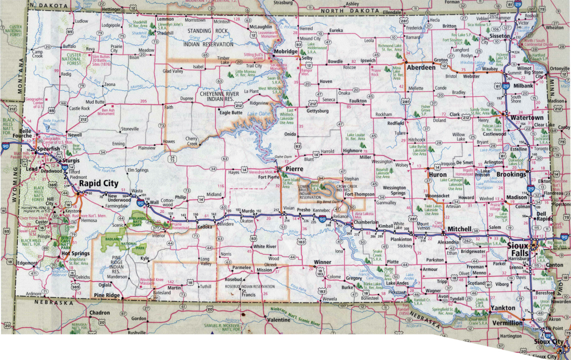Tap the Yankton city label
click(504, 308)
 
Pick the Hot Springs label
click(76, 253)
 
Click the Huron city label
click(437, 174)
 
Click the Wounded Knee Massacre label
click(152, 281)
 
